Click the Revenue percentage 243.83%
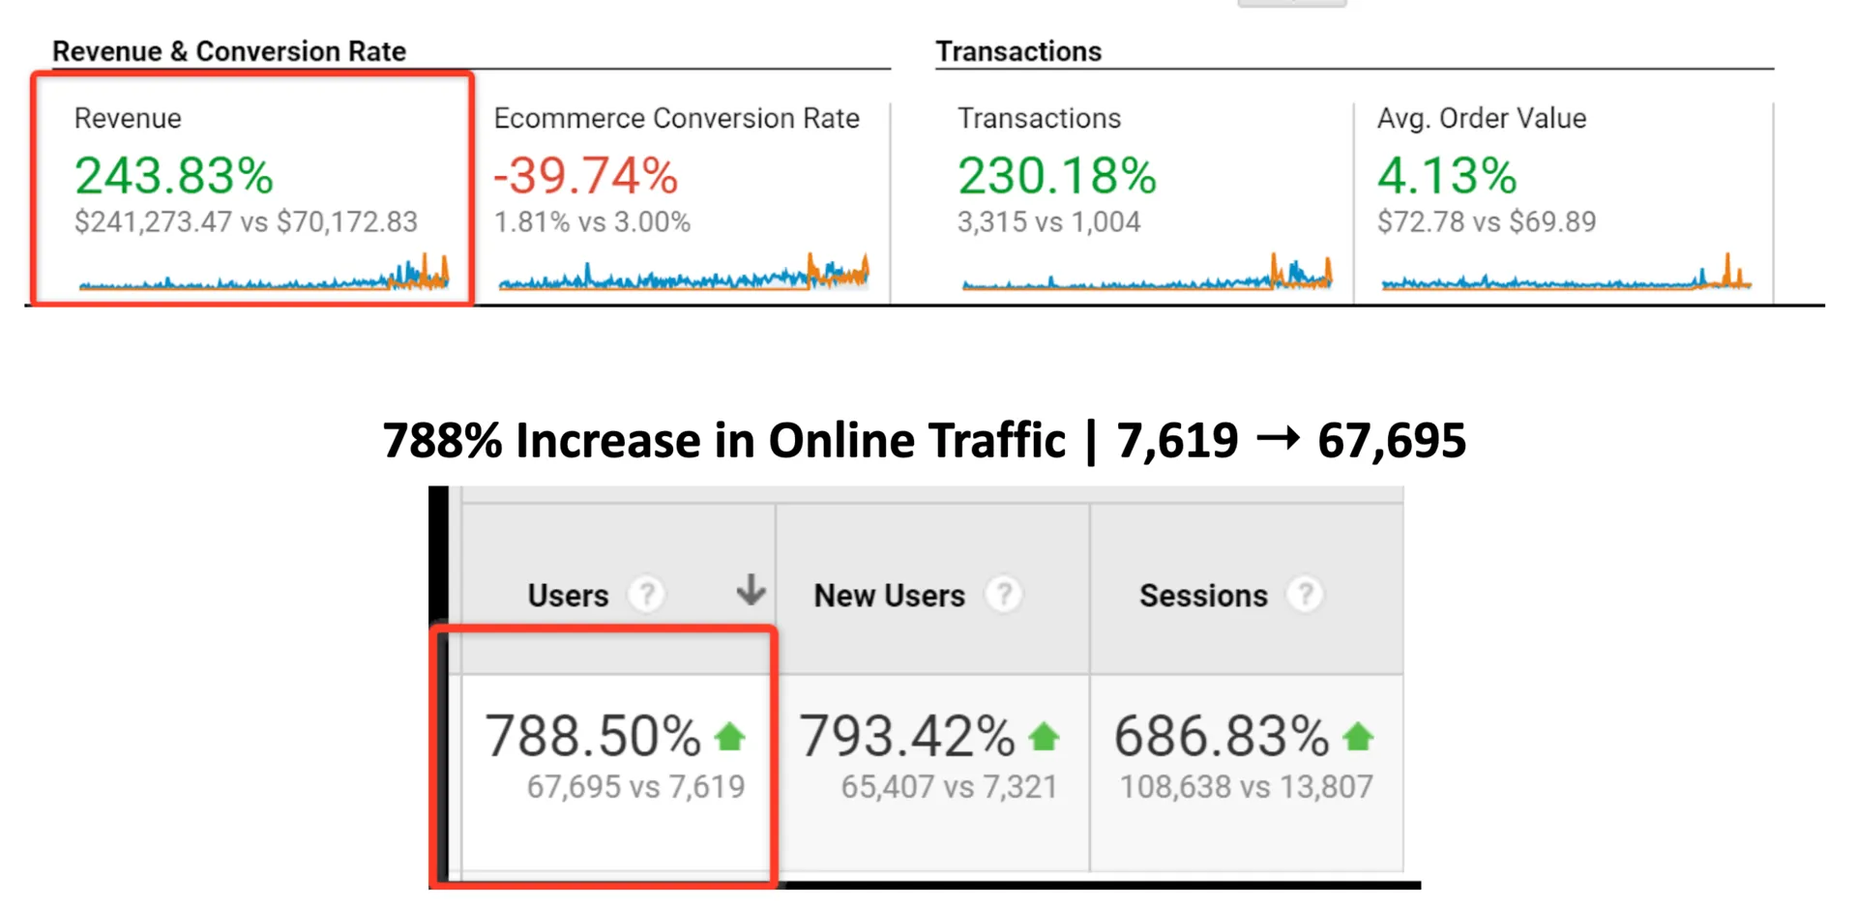tap(174, 176)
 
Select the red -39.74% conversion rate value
tap(586, 176)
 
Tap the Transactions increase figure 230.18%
tap(1057, 176)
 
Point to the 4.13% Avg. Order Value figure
tap(1447, 176)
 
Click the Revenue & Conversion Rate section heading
tap(229, 51)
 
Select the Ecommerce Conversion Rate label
tap(676, 118)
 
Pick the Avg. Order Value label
tap(1482, 118)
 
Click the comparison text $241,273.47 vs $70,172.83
tap(246, 222)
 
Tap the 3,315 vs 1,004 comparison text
tap(1049, 222)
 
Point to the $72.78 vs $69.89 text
tap(1487, 222)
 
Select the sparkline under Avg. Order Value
tap(1566, 278)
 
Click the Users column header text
tap(568, 596)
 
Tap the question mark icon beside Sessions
tap(1305, 595)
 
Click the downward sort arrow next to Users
tap(751, 589)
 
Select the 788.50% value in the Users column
tap(592, 736)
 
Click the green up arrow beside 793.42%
tap(1044, 738)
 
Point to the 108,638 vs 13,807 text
tap(1246, 787)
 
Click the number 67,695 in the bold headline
tap(1392, 441)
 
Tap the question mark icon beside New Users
tap(1004, 595)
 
